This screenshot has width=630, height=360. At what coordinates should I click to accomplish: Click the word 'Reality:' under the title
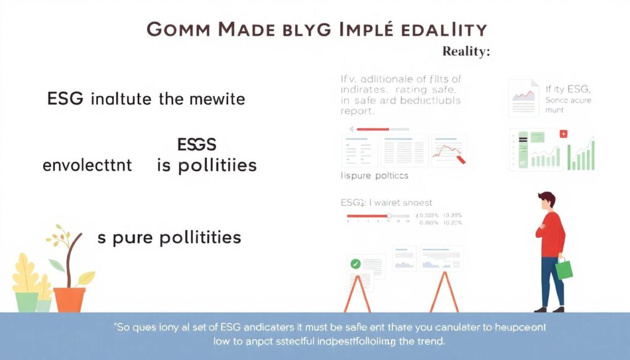(466, 52)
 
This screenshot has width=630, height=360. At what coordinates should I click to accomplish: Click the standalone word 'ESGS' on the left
(196, 145)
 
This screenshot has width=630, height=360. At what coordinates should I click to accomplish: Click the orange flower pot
(69, 299)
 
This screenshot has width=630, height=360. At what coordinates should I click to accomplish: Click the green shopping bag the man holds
(564, 268)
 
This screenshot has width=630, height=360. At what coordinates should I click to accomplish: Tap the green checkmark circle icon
(354, 264)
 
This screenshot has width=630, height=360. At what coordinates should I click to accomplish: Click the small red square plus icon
(563, 134)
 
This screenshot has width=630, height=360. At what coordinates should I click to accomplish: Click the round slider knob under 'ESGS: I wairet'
(388, 216)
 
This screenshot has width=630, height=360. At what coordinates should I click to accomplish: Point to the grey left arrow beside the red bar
(352, 129)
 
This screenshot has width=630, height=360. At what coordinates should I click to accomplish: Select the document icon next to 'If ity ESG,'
(524, 97)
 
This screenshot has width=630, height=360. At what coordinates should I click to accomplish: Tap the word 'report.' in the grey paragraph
(356, 112)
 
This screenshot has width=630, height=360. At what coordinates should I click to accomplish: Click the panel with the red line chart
(449, 150)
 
